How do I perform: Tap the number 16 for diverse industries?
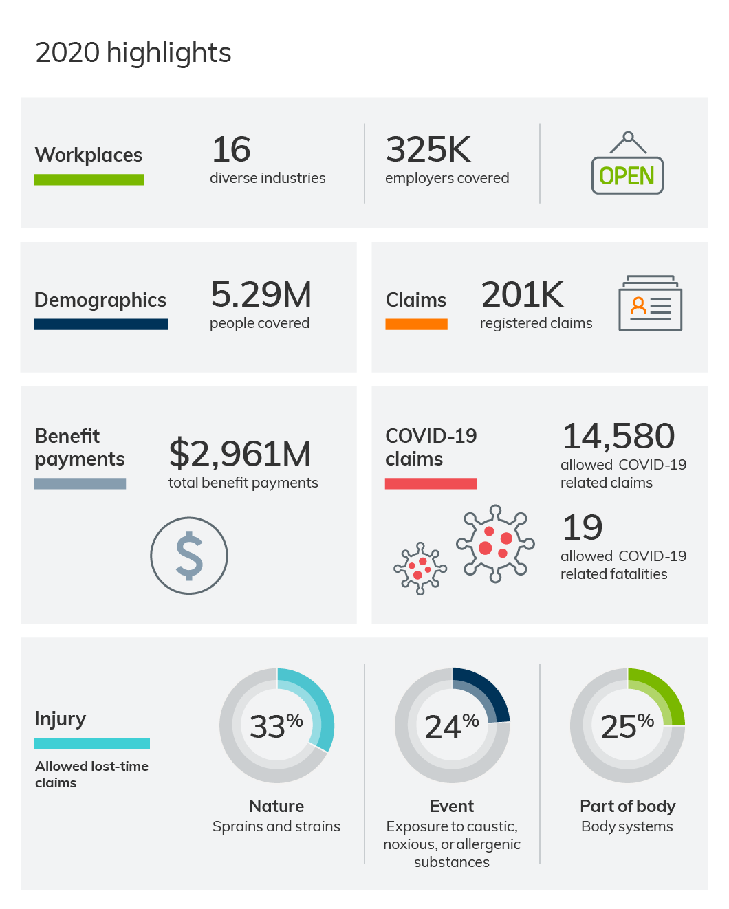[x=231, y=149]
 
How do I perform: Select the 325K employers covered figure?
[x=428, y=149]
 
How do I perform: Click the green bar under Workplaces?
[x=89, y=179]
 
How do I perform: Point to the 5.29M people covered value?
[x=261, y=294]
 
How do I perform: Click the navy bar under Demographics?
[x=101, y=324]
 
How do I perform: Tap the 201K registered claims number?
[x=522, y=294]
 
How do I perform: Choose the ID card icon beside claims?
[x=650, y=303]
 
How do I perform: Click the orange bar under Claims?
[x=416, y=324]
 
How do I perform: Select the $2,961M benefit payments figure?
[x=239, y=454]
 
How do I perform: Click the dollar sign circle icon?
[x=189, y=556]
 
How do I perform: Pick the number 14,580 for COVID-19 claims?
[x=618, y=436]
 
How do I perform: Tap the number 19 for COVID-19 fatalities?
[x=583, y=527]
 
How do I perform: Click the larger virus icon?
[x=495, y=544]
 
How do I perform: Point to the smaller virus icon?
[x=420, y=569]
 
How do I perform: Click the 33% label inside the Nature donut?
[x=276, y=726]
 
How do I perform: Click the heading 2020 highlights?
[x=133, y=53]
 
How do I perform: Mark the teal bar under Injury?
[x=92, y=743]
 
